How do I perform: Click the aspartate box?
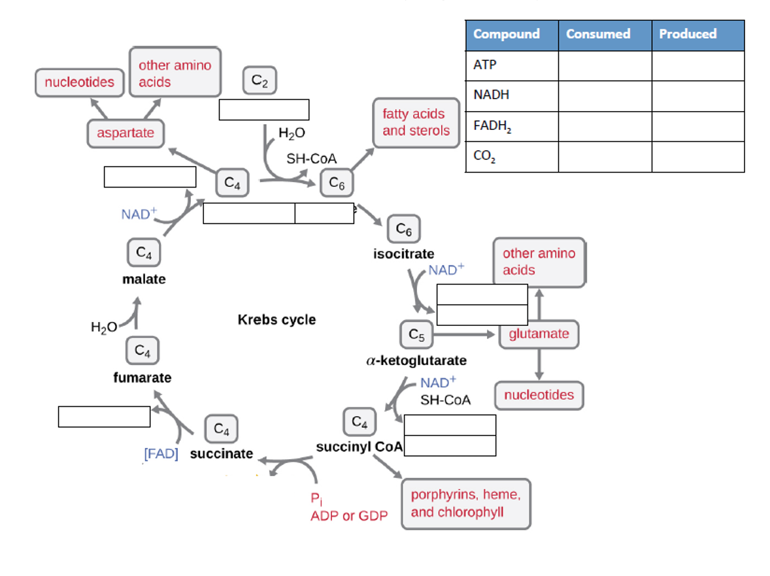click(126, 133)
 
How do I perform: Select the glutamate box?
click(539, 334)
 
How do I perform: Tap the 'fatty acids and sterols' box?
click(416, 122)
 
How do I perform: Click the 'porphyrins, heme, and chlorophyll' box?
click(465, 504)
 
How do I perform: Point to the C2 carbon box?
click(259, 82)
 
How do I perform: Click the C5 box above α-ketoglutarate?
click(416, 334)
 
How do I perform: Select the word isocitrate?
click(403, 253)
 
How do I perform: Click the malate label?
click(144, 279)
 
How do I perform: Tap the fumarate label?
click(142, 377)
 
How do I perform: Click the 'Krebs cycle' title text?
click(276, 320)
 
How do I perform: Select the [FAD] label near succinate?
click(161, 454)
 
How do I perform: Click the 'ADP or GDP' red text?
click(348, 516)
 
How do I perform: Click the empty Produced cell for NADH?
click(697, 96)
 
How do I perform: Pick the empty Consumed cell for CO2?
click(604, 157)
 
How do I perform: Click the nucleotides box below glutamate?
click(539, 395)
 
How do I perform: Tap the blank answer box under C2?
click(263, 110)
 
